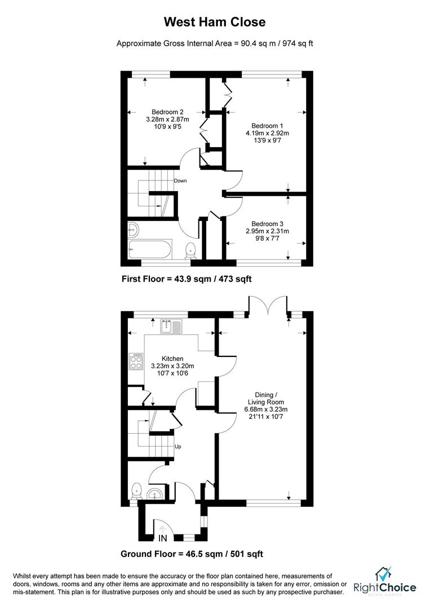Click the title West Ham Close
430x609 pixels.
pos(214,22)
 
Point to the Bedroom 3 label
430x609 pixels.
pos(267,224)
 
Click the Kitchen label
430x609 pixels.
pos(172,359)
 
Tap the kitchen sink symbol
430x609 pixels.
pos(171,326)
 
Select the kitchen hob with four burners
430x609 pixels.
pos(137,361)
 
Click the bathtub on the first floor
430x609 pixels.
pos(150,249)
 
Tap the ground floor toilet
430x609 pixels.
pos(136,491)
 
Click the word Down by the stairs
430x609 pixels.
pos(180,181)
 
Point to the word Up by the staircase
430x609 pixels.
pos(178,447)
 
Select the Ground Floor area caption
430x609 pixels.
pos(192,554)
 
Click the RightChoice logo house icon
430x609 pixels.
pos(384,575)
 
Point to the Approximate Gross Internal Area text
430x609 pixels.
pos(214,43)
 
